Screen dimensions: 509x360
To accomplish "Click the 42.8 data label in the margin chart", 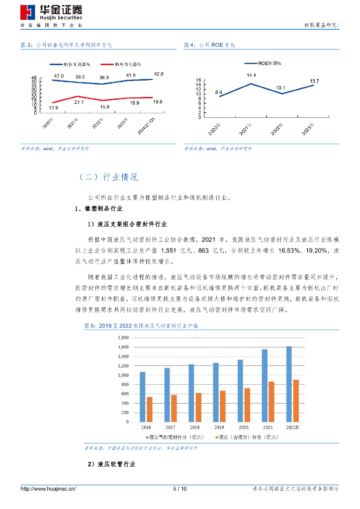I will [x=159, y=74].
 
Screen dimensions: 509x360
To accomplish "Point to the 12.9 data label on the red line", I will [x=54, y=108].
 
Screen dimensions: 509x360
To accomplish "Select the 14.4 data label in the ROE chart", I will [x=251, y=76].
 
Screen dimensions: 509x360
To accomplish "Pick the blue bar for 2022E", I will [x=289, y=384].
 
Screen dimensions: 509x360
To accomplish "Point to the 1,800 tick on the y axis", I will [x=122, y=338].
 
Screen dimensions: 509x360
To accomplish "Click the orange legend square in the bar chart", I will [x=217, y=437].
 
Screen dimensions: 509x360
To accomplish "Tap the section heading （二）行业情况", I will [x=108, y=177].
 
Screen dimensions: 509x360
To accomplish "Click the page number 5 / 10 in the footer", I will [x=180, y=489].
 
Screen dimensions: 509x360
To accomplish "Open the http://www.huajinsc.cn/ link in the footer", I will [x=48, y=489].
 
